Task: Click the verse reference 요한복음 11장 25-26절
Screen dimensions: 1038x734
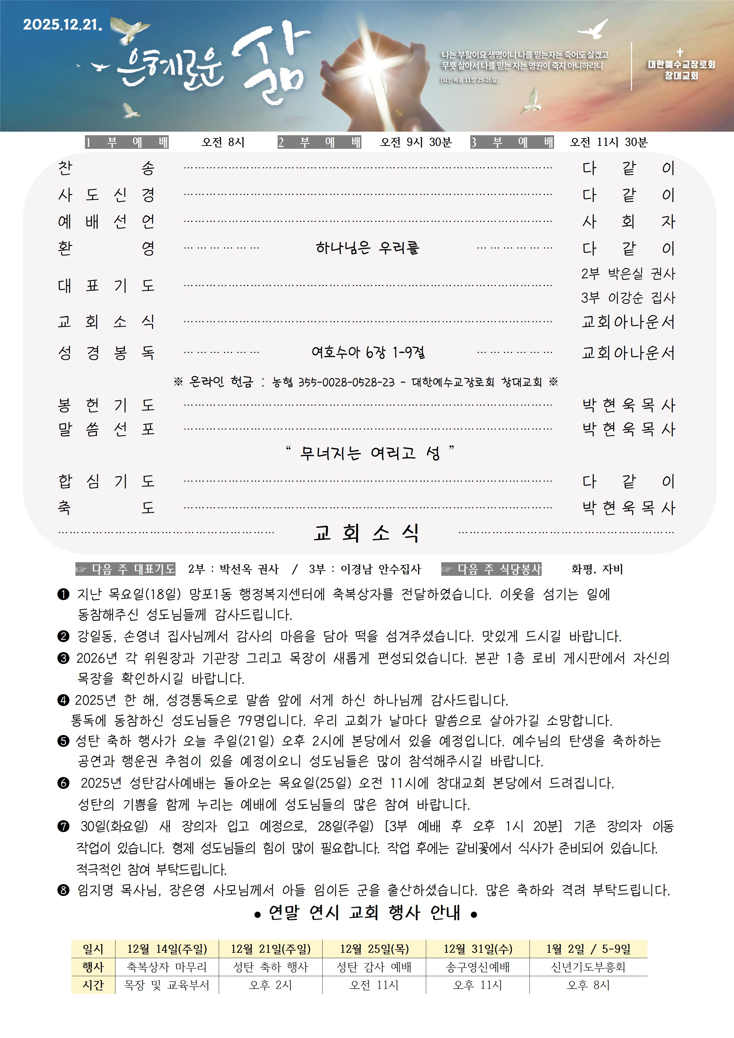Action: point(469,80)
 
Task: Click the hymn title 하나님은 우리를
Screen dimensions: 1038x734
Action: point(367,248)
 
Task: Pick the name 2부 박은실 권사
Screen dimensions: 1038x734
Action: point(628,273)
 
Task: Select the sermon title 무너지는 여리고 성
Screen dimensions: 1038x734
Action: point(369,452)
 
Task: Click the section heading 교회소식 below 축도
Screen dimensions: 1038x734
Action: point(366,533)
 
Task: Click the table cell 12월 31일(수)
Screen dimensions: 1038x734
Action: point(478,948)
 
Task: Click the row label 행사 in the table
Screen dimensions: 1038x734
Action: point(93,967)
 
